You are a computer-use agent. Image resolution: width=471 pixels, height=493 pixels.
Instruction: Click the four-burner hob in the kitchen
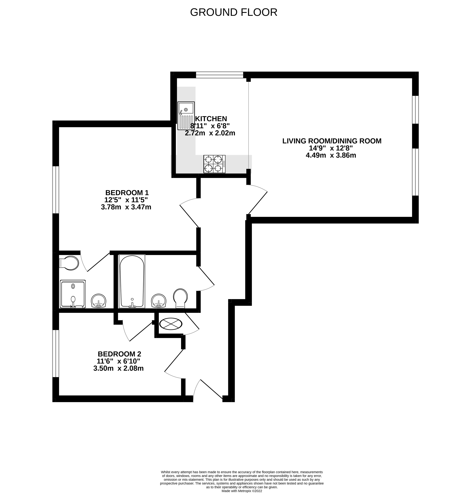(x=214, y=164)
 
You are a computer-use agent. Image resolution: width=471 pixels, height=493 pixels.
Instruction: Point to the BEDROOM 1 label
(x=127, y=193)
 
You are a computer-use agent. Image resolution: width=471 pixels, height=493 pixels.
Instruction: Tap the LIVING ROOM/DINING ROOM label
(x=332, y=141)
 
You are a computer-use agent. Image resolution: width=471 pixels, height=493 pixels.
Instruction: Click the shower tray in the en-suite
(x=73, y=294)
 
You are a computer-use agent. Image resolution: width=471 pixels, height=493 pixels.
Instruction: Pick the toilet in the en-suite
(x=69, y=263)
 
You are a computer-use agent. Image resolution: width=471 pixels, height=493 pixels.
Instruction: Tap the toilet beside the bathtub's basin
(x=180, y=298)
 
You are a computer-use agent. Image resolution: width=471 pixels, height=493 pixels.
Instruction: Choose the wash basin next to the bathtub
(x=159, y=301)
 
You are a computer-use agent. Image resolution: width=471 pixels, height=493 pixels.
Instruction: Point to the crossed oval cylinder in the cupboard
(x=171, y=324)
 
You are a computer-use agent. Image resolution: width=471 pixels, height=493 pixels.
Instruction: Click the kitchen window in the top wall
(x=219, y=75)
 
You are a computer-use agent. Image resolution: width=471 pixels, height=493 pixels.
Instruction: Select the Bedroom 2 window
(x=56, y=353)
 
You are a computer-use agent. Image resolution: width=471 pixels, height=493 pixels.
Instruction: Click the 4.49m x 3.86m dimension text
(x=331, y=155)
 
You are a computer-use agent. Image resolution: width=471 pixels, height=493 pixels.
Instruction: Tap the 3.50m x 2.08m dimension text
(x=118, y=368)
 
